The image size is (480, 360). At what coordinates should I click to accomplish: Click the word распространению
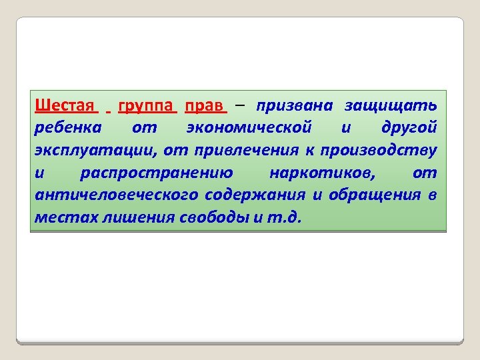pyautogui.click(x=156, y=173)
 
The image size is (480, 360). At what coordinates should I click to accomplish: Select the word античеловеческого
pyautogui.click(x=117, y=195)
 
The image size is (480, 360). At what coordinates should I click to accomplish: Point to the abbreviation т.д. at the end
pyautogui.click(x=283, y=217)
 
